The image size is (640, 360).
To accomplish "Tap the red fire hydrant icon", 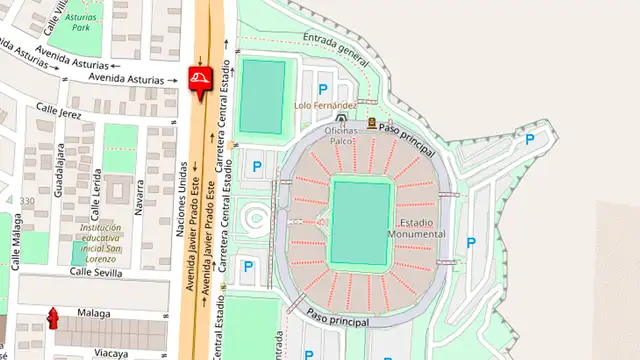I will pos(52,319).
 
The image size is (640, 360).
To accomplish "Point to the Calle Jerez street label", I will pos(59,112).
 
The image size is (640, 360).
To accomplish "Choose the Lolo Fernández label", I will pos(325,105).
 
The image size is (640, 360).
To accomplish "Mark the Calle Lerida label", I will pos(97,195).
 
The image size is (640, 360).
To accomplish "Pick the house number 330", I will pos(27,201).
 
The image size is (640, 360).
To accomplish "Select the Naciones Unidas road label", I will pos(181,198).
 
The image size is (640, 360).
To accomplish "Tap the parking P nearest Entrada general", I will pos(323,89).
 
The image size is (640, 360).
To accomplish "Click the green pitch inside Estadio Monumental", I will pos(360,222).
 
